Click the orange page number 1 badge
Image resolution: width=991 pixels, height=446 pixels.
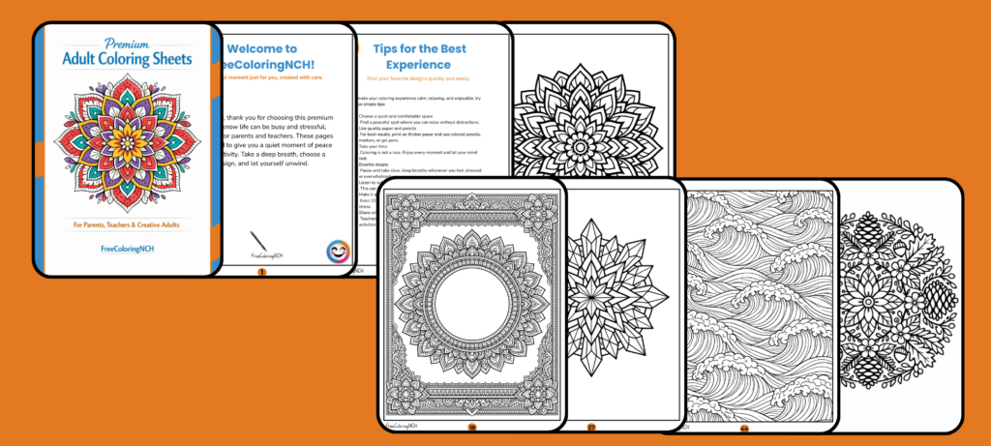[260, 273]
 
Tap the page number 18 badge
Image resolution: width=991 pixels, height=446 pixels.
[472, 427]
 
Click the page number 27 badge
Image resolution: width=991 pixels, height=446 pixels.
[591, 427]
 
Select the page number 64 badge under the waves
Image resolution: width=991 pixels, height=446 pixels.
[745, 427]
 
